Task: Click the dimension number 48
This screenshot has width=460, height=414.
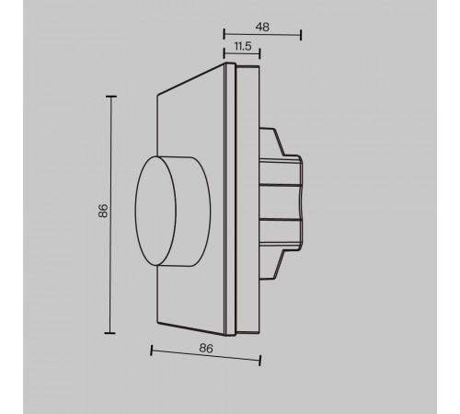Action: point(262,27)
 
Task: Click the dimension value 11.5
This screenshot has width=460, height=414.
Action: point(243,46)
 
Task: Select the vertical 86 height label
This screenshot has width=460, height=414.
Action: point(103,211)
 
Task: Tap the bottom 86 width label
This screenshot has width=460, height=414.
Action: point(206,349)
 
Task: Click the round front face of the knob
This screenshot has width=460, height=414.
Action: point(155,211)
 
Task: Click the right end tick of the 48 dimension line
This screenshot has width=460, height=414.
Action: point(301,35)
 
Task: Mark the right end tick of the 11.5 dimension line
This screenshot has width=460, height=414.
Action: point(259,53)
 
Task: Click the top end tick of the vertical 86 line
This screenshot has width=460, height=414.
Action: point(110,97)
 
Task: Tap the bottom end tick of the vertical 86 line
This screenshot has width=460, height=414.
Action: point(109,333)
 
